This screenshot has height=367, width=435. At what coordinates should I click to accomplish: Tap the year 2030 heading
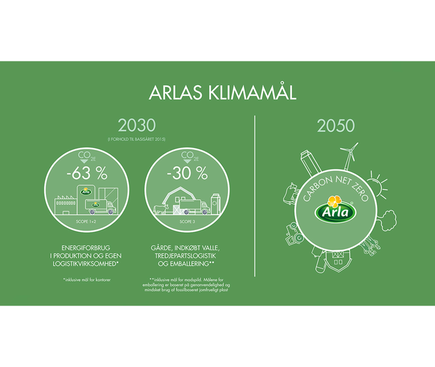tap(136, 125)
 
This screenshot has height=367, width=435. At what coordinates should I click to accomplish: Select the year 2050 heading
tap(336, 125)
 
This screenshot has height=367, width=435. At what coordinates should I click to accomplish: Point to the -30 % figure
tap(187, 173)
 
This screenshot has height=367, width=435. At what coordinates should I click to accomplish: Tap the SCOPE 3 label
tap(187, 222)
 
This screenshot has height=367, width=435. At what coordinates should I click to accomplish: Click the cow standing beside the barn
tap(159, 209)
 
